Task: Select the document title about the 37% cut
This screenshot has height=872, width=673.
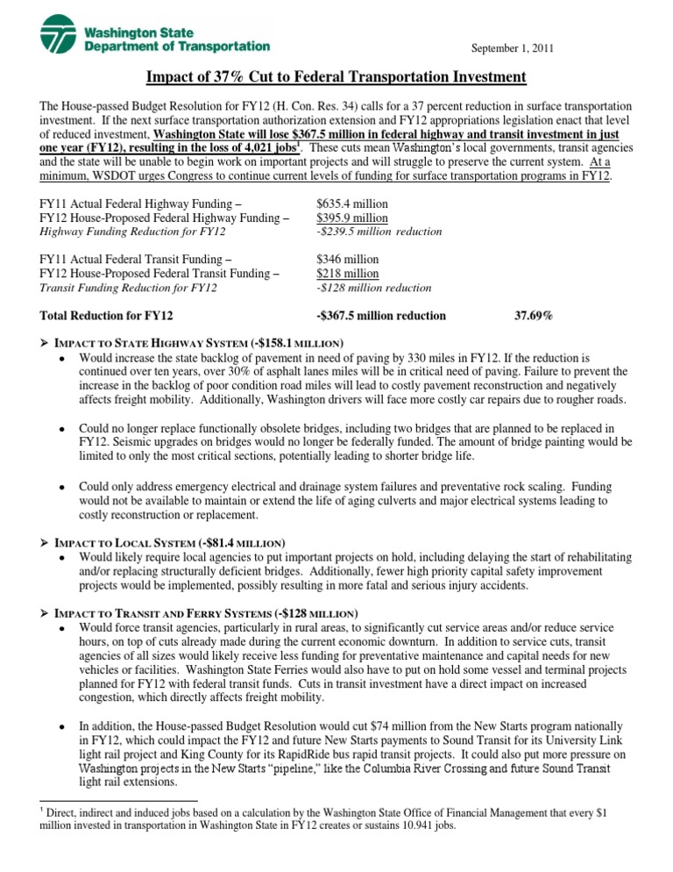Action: (336, 78)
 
